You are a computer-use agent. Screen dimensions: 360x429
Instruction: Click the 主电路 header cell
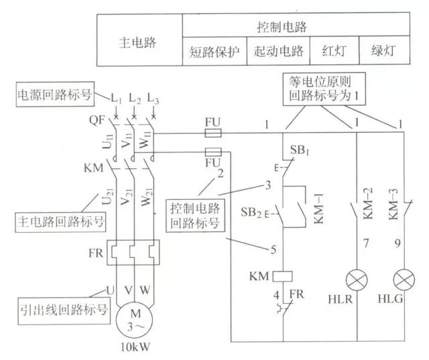point(137,42)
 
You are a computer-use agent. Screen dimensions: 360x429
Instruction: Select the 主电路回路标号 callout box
point(54,219)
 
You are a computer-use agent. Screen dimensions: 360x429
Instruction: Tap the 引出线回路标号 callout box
point(55,310)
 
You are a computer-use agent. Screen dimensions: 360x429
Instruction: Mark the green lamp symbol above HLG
point(403,278)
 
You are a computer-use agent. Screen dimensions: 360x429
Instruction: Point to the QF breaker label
point(95,122)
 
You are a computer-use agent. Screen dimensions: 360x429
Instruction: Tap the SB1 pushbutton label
point(300,147)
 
